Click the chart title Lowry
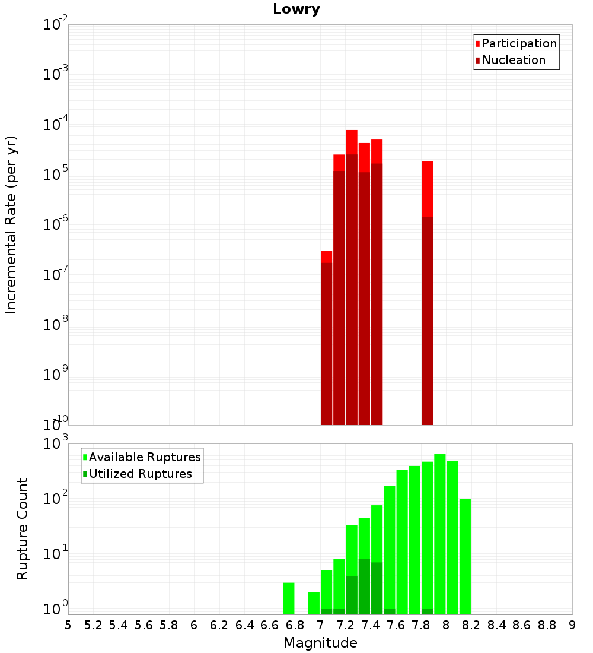(296, 9)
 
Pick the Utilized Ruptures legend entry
(140, 474)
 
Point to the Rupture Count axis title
(23, 529)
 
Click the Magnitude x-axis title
(320, 643)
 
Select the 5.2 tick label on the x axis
(93, 625)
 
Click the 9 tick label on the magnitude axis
(572, 625)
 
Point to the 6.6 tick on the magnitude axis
(270, 625)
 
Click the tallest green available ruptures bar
(439, 534)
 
